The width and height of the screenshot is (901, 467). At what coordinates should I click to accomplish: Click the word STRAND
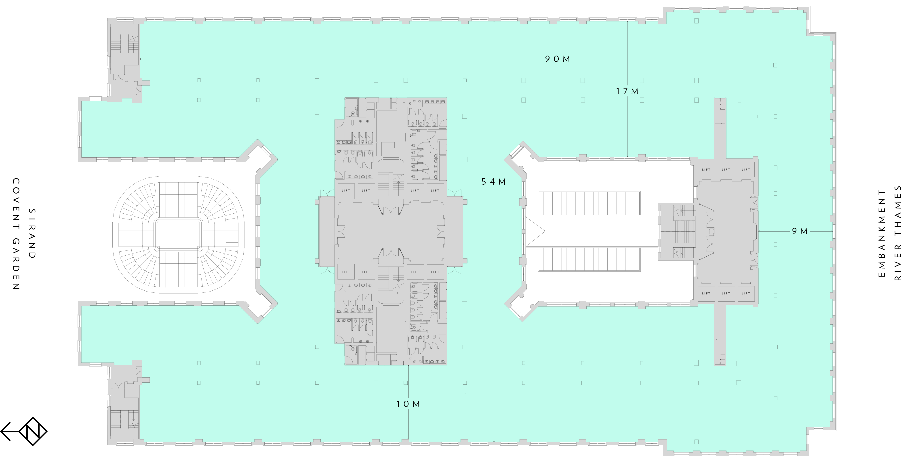[32, 234]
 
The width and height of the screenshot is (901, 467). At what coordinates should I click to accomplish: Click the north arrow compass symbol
[24, 431]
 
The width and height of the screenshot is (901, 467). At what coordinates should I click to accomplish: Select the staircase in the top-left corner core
[124, 44]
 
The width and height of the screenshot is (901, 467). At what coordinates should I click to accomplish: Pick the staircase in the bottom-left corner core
[124, 419]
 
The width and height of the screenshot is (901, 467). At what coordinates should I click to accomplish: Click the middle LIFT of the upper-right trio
[726, 170]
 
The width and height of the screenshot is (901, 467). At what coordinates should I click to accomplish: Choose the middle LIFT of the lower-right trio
[726, 293]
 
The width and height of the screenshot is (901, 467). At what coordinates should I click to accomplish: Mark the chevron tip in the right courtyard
[545, 231]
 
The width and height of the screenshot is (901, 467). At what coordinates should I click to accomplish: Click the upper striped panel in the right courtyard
[589, 203]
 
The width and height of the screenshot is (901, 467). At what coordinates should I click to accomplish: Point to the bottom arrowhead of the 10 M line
[408, 439]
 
